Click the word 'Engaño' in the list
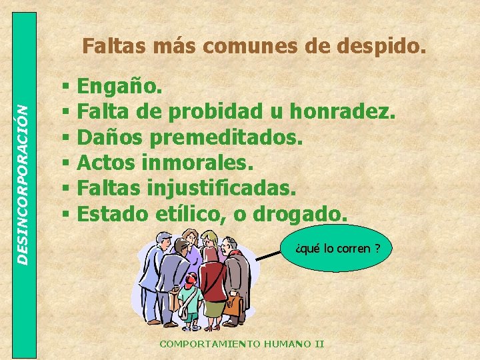(117, 87)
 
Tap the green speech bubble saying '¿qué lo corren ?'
(337, 249)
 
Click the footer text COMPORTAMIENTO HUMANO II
(241, 344)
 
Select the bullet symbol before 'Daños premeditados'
(65, 138)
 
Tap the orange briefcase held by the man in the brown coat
(232, 307)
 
